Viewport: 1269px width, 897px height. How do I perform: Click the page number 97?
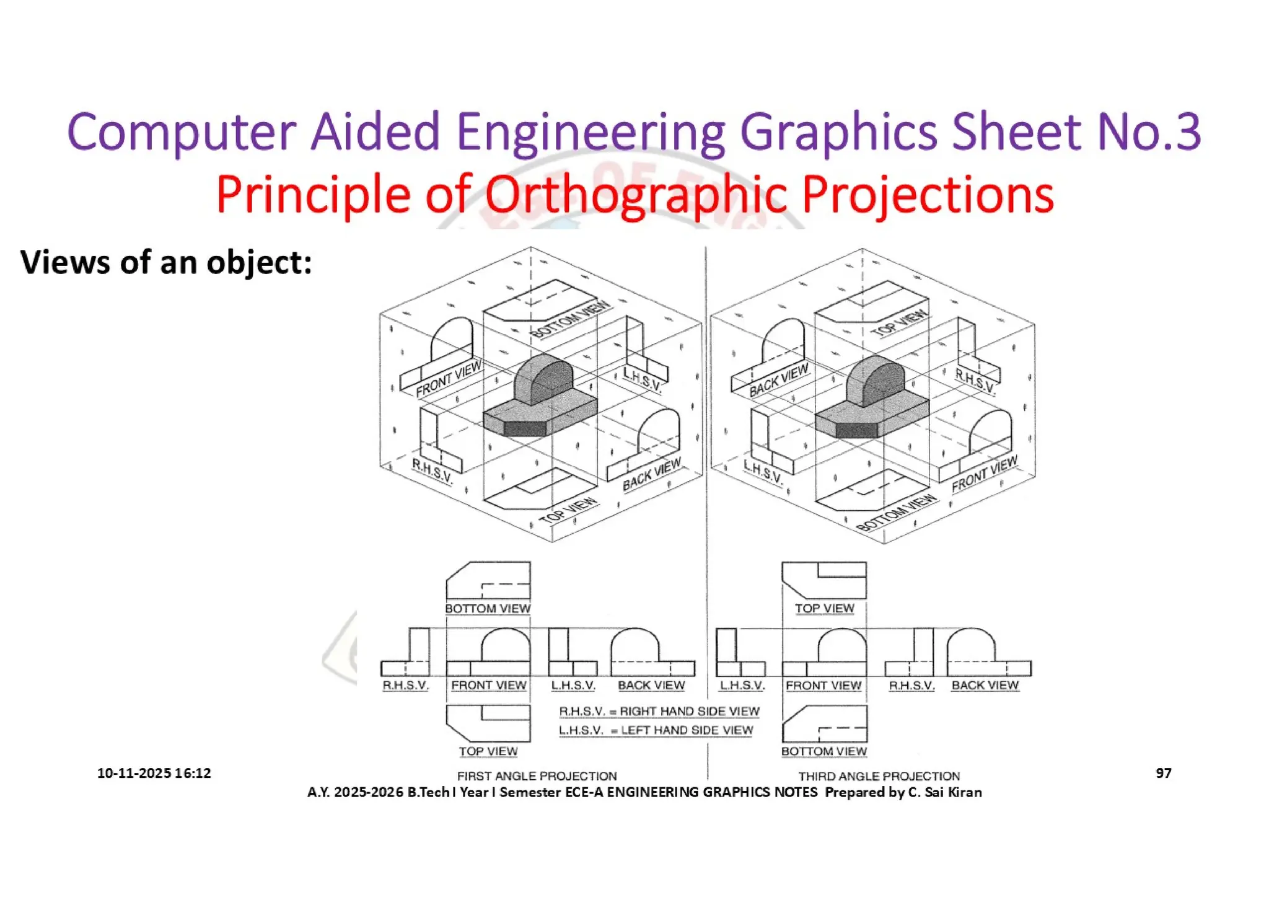click(1163, 772)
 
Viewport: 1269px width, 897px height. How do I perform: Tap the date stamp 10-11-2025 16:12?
click(154, 773)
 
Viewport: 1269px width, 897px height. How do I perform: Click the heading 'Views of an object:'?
click(166, 262)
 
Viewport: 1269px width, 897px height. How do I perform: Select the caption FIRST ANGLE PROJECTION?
click(537, 775)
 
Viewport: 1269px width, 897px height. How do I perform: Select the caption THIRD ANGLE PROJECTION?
click(879, 775)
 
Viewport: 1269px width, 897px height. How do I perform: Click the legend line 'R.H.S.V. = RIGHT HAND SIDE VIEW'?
click(659, 711)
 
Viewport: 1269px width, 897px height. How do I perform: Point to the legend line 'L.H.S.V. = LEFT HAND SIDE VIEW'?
click(656, 730)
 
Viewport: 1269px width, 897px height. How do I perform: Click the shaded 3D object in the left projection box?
click(541, 397)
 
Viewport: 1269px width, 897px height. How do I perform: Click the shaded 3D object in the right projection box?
click(872, 397)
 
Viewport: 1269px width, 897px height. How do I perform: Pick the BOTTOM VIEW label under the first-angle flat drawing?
click(488, 609)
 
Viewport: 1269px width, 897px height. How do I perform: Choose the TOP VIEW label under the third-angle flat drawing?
click(824, 609)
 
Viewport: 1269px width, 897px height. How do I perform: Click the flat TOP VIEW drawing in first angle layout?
click(488, 723)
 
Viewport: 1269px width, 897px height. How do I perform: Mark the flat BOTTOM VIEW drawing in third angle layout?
click(825, 723)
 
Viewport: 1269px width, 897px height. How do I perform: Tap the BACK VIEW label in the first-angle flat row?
click(651, 685)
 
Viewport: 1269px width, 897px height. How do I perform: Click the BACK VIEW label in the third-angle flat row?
click(985, 685)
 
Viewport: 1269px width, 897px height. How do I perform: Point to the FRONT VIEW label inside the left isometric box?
click(448, 379)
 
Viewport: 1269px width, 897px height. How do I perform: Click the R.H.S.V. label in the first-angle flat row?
click(405, 685)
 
